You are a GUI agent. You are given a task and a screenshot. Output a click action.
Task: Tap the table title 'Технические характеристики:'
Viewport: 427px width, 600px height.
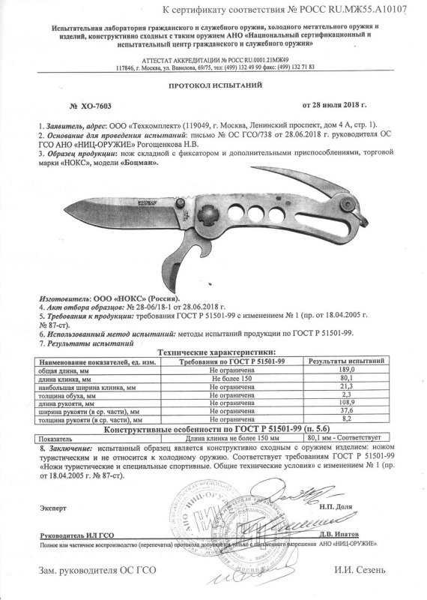213,352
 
